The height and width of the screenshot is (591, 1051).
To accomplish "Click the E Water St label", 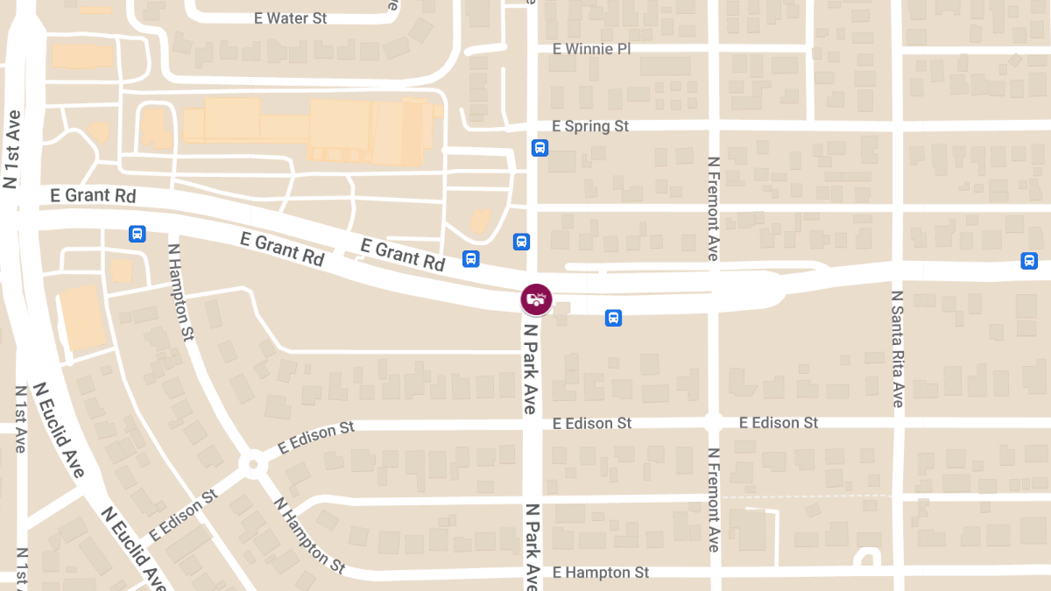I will click(290, 18).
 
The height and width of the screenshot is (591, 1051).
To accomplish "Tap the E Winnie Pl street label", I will click(591, 48).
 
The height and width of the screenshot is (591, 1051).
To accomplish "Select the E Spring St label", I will click(590, 126).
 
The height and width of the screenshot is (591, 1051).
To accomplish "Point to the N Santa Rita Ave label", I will click(898, 348).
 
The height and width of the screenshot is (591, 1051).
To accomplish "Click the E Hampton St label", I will click(601, 573).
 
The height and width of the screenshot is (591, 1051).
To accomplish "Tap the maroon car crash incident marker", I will click(536, 299).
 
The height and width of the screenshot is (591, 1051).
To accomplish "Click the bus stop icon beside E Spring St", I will click(540, 148).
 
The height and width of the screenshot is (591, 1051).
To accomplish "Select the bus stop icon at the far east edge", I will click(1029, 260).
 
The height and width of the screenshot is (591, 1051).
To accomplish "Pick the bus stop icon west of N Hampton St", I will click(137, 234).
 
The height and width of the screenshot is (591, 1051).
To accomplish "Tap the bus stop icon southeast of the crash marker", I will click(613, 318).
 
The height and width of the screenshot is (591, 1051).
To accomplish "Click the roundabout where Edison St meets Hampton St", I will click(253, 463).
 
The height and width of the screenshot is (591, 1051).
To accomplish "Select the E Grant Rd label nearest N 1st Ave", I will click(93, 195).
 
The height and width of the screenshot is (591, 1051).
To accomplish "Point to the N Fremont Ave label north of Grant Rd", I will click(713, 208).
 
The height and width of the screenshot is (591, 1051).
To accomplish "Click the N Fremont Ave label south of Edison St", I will click(713, 500).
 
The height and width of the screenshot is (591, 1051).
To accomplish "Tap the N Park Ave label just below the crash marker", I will click(530, 368).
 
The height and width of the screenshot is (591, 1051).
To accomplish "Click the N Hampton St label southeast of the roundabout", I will click(309, 535).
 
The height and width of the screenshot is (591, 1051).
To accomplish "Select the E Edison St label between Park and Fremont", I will click(591, 423).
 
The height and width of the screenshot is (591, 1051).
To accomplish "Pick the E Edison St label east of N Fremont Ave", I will click(779, 423).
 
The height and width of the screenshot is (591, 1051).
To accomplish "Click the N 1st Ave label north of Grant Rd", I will click(11, 149).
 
